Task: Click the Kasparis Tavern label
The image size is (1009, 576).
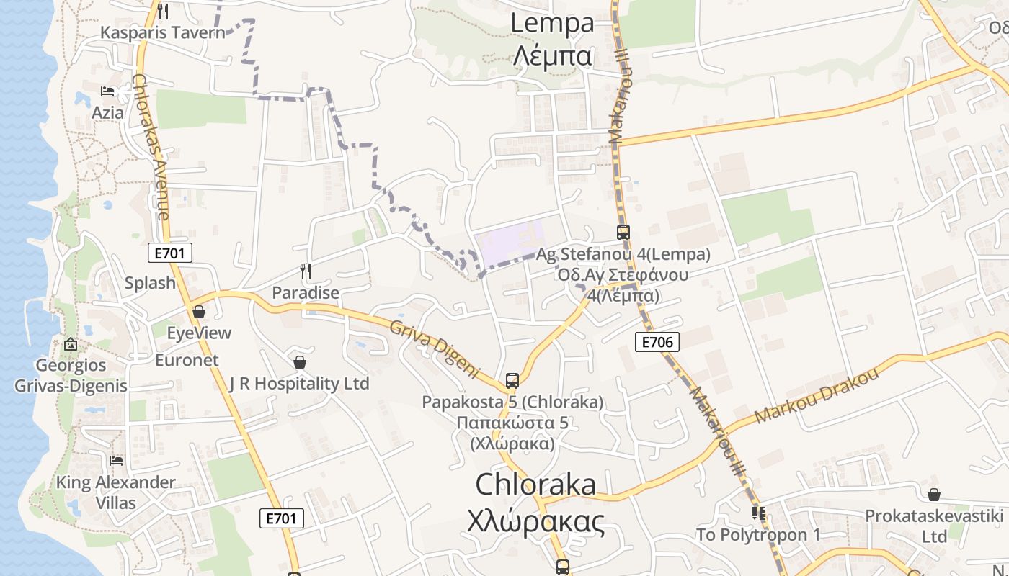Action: [x=163, y=32]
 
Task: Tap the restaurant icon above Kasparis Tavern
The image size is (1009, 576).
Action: [x=163, y=12]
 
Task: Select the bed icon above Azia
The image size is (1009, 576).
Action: [x=107, y=91]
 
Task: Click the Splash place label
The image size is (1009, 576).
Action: [x=150, y=283]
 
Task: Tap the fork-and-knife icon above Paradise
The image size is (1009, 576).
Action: [x=306, y=271]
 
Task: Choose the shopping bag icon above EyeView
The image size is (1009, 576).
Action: [x=199, y=312]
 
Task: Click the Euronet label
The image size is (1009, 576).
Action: [x=187, y=360]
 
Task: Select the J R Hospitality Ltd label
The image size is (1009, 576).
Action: [x=299, y=384]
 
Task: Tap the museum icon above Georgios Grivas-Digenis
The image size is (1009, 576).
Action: [x=71, y=344]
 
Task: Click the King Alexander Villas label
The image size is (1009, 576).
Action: [x=116, y=492]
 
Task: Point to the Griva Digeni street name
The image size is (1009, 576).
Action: [x=435, y=350]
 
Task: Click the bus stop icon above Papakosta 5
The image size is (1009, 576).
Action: [x=512, y=380]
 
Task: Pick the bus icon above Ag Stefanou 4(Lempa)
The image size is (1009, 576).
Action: [x=623, y=233]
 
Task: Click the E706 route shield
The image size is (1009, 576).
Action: [x=657, y=342]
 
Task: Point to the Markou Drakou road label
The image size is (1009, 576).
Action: [x=817, y=395]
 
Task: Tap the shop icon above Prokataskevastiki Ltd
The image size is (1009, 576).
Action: [x=934, y=495]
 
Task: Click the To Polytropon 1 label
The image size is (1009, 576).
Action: [x=758, y=535]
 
